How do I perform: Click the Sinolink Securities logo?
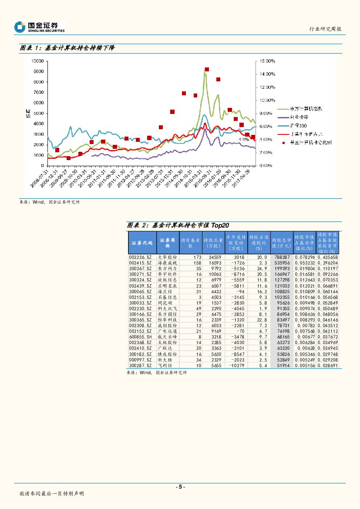click(x=40, y=27)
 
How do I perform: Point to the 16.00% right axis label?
click(x=267, y=61)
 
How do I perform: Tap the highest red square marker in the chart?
click(x=207, y=70)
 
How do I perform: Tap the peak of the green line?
click(x=205, y=69)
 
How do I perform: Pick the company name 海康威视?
click(x=168, y=263)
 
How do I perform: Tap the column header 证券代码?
click(x=142, y=244)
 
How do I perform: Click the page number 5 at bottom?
click(x=180, y=487)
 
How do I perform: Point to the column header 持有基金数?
click(x=190, y=243)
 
